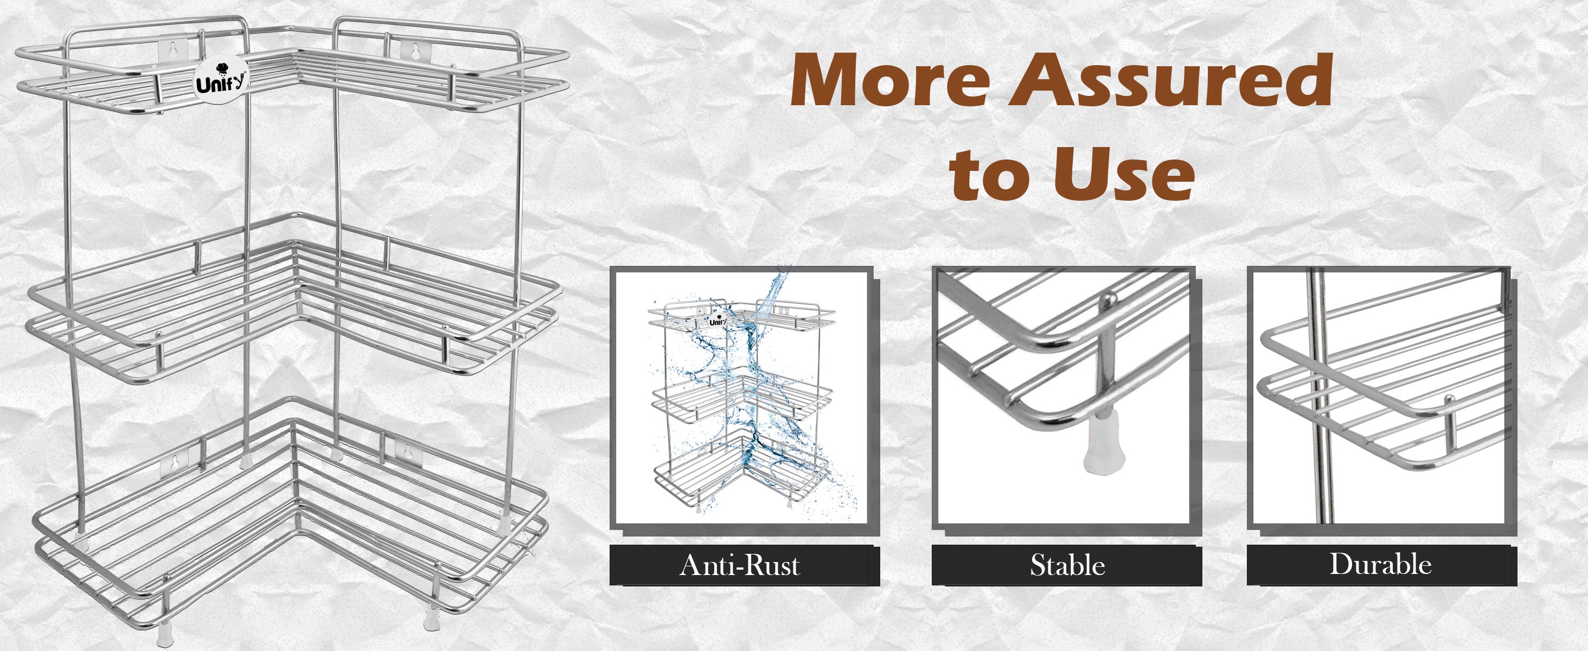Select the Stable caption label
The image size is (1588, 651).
coord(1067,565)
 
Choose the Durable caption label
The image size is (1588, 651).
coord(1380,564)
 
